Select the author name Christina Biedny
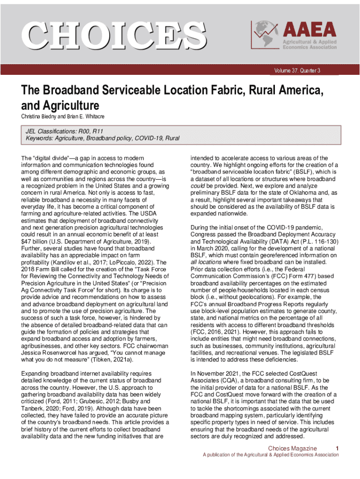point(41,116)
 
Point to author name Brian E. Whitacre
point(88,116)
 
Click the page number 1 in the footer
point(337,449)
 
